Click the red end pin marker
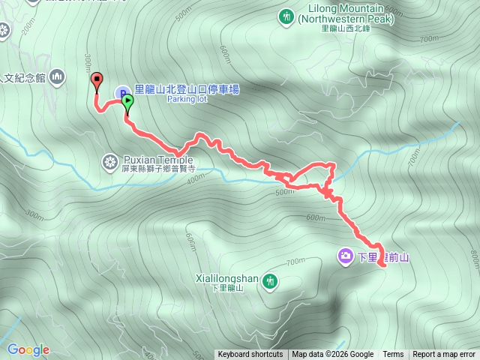click(96, 80)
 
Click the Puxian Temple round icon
click(110, 160)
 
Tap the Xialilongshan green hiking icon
click(270, 280)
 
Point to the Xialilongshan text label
click(227, 279)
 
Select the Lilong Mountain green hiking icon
click(286, 16)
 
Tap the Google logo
click(28, 349)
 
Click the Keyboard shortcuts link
click(250, 355)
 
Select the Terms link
click(393, 355)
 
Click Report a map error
click(444, 355)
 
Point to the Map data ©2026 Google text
click(332, 355)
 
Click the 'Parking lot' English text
click(186, 98)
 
